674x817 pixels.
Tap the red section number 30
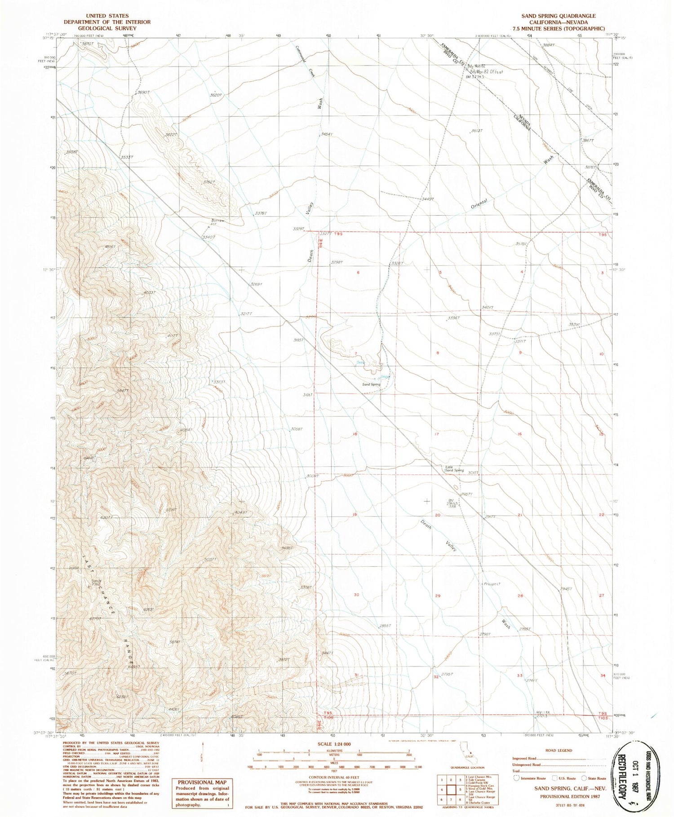click(x=356, y=595)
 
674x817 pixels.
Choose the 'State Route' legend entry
click(x=596, y=778)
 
